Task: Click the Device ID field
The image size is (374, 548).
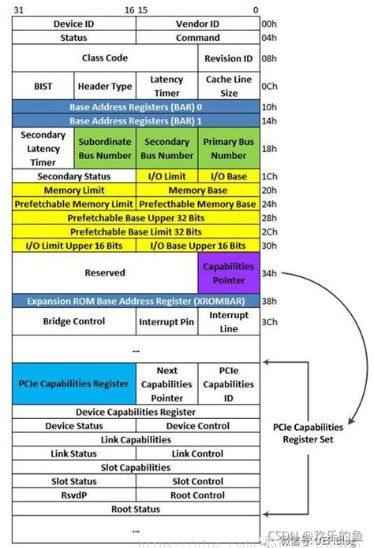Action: coord(74,24)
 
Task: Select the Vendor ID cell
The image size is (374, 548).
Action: coord(197,24)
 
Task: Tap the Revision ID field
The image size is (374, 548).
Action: coord(228,58)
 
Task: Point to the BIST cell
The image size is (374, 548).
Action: coord(43,86)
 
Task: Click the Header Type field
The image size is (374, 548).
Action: coord(105,86)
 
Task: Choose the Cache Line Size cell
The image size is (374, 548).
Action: coord(228,86)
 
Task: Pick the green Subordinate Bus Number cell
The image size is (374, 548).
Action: coord(105,148)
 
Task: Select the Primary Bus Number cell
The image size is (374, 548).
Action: coord(228,148)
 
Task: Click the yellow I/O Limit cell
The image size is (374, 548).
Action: coord(166,176)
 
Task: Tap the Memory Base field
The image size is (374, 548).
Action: coord(197,191)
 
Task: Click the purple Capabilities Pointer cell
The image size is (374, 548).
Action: coord(228,272)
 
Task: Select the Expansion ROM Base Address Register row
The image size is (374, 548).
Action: coord(136,301)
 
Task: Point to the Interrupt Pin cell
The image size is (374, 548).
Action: coord(166,321)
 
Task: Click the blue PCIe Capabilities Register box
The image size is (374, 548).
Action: coord(74,383)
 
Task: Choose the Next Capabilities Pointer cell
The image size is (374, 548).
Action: coord(166,383)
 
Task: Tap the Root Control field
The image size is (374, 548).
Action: coord(197,495)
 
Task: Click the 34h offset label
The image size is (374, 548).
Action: coord(269,273)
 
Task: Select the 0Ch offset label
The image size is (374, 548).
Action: coord(269,86)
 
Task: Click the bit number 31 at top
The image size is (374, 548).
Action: coord(18,9)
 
